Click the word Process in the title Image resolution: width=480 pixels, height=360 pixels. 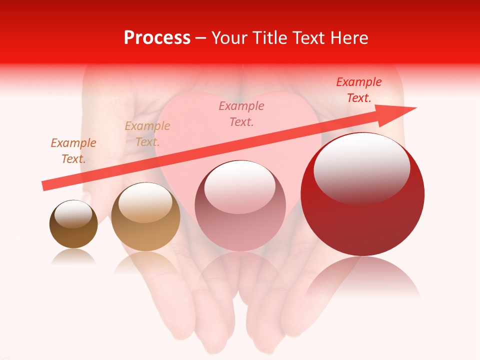click(157, 38)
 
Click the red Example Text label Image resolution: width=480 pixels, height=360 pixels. click(358, 90)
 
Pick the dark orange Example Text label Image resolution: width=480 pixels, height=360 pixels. click(73, 150)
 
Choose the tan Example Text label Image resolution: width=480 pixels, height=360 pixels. click(147, 133)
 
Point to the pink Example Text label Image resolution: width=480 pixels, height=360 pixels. click(241, 113)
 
